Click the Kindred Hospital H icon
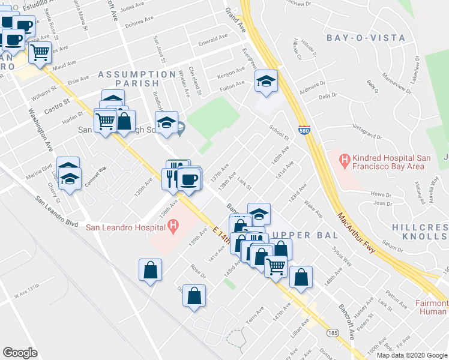345,160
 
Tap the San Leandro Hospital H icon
173,227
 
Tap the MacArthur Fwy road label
357,233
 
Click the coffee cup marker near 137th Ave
189,179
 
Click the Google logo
20,352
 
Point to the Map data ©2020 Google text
411,355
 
